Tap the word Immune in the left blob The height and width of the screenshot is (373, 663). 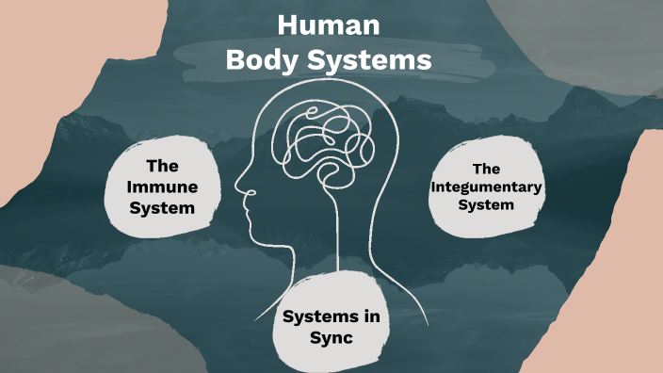coord(163,187)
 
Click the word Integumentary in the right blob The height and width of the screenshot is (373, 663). coord(486,187)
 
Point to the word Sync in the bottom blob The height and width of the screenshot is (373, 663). coord(330,337)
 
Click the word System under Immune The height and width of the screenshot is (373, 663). coord(163,208)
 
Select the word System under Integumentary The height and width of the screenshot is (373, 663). coord(486,205)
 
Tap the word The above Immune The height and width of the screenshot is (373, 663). coord(163,166)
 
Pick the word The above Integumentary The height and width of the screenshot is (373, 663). coord(486,170)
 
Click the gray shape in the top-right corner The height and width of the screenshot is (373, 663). coord(603,38)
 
